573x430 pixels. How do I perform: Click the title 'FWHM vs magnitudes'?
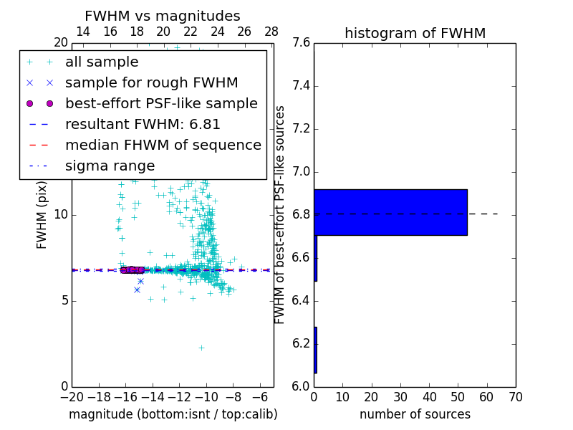[163, 16]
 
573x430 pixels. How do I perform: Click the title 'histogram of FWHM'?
[415, 33]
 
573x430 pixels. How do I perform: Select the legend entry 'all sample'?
[102, 62]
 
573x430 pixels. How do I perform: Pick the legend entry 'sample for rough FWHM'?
[151, 82]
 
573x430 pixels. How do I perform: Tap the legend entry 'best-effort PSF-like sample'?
[161, 103]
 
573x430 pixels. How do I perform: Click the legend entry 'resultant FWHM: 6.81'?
[143, 124]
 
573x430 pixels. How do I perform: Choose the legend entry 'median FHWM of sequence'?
[163, 145]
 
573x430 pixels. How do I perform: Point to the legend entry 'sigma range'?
[110, 166]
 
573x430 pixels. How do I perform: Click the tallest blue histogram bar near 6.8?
[390, 212]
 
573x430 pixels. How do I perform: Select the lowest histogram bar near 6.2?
[315, 350]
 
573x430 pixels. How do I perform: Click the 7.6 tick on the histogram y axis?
[302, 43]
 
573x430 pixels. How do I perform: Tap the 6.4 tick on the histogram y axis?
[302, 300]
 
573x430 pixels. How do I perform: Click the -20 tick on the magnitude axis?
[72, 396]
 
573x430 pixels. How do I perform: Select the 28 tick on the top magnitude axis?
[271, 32]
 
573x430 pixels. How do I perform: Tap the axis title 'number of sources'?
[415, 414]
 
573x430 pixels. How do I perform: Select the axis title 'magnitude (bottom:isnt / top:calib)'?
[173, 414]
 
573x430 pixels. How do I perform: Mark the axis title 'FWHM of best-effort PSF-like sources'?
[281, 214]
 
